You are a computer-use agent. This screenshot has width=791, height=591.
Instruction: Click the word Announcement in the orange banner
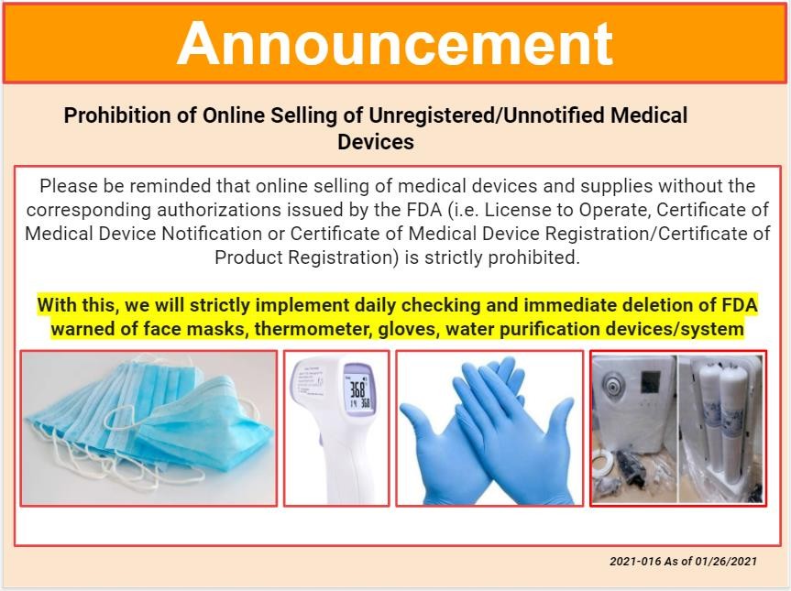click(395, 44)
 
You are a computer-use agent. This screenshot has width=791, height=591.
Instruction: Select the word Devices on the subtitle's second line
click(375, 142)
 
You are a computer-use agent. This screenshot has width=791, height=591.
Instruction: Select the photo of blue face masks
click(148, 429)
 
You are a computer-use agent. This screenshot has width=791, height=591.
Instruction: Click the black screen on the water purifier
click(650, 382)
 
